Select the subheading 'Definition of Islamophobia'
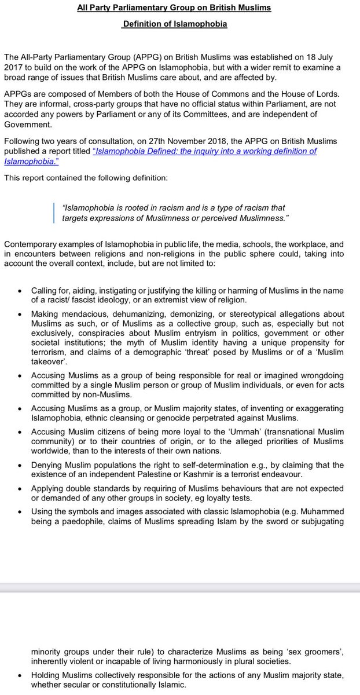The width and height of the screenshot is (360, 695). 174,24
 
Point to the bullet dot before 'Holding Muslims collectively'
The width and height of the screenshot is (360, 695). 21,674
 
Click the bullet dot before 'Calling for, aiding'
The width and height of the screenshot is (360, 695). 21,290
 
